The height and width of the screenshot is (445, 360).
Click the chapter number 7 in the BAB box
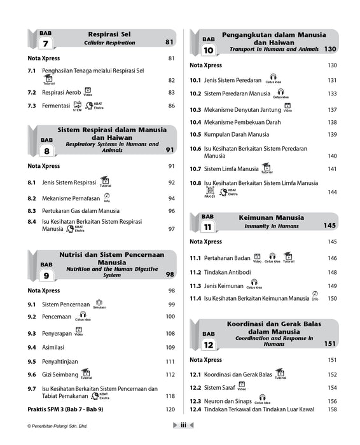[x=45, y=44]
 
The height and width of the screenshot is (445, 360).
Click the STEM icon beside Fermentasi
[x=77, y=106]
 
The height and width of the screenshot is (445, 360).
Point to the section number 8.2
[x=32, y=199]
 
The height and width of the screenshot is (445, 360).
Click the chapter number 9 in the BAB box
[x=46, y=276]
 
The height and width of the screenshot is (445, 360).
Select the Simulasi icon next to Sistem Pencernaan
[x=99, y=305]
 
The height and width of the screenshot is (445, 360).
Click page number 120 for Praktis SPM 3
[x=170, y=409]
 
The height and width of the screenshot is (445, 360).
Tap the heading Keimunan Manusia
[x=271, y=217]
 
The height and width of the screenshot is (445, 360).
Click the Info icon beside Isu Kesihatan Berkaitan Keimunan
[x=315, y=296]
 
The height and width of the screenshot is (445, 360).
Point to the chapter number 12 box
[x=209, y=345]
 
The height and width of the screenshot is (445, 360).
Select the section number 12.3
[x=195, y=401]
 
